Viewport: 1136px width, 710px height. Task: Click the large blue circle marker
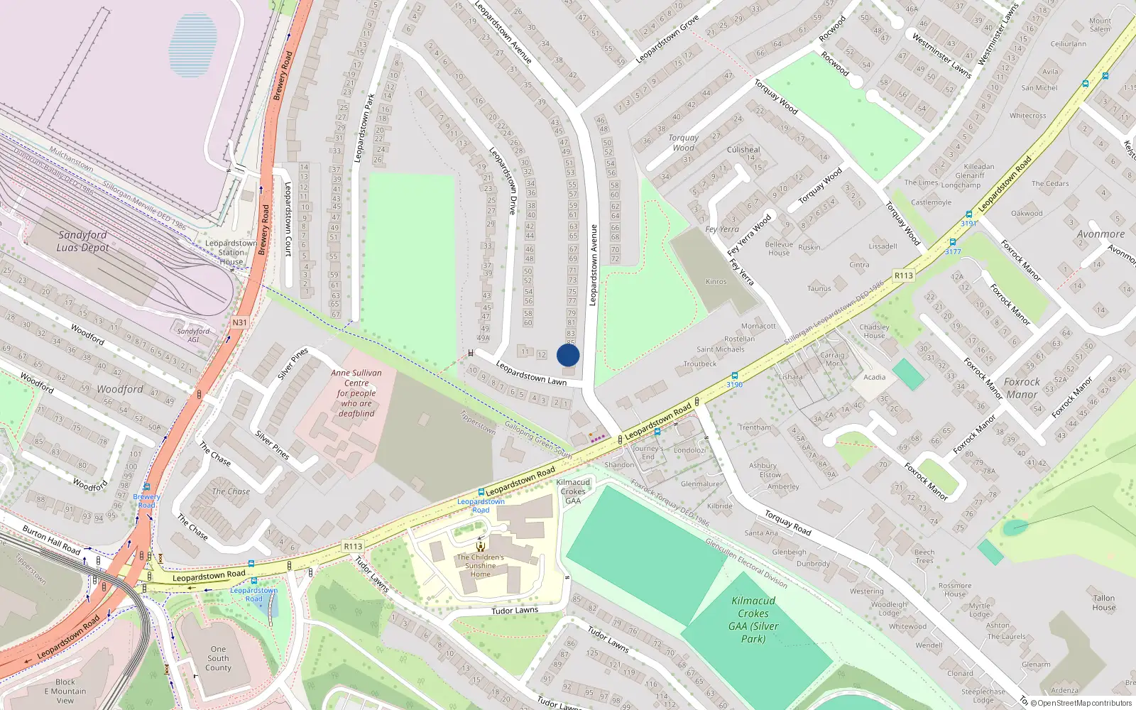coord(568,355)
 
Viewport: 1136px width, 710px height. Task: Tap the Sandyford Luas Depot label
coord(82,241)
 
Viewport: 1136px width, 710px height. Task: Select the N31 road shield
coord(240,322)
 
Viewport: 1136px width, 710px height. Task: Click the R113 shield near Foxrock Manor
coord(903,275)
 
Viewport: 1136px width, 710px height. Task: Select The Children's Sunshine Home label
coord(481,565)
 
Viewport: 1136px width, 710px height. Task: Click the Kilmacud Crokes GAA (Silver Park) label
coord(753,620)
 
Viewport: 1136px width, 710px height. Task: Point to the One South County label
coord(218,658)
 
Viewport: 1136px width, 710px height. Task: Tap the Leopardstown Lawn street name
coord(531,373)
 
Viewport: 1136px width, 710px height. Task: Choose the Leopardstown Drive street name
coord(503,180)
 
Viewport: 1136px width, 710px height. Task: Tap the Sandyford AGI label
coord(193,335)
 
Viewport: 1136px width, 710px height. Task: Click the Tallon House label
coord(1103,603)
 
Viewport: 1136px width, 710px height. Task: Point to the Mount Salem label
coord(1100,25)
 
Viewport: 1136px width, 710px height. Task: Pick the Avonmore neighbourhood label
coord(1100,234)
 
